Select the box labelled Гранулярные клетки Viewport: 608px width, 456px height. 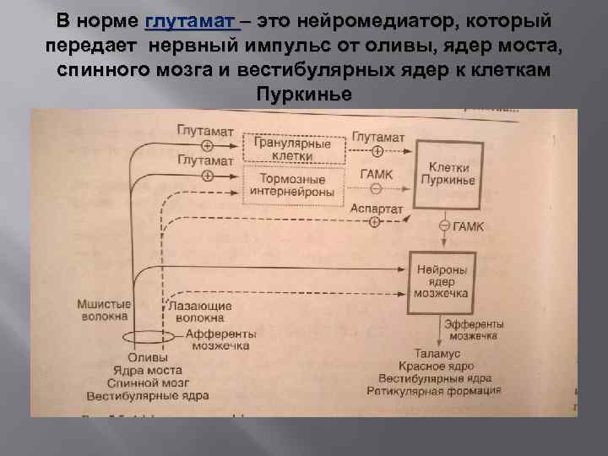coord(293,149)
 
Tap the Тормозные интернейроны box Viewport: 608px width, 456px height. coord(293,185)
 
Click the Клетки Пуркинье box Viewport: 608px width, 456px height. coord(452,175)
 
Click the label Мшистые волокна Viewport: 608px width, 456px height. coord(102,310)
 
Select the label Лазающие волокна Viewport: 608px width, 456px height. coord(196,312)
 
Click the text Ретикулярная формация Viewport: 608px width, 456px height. coord(433,391)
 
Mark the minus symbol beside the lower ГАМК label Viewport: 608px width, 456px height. coord(442,226)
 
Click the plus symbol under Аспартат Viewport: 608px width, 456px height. coord(375,221)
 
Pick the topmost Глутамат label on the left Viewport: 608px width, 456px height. coord(205,132)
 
